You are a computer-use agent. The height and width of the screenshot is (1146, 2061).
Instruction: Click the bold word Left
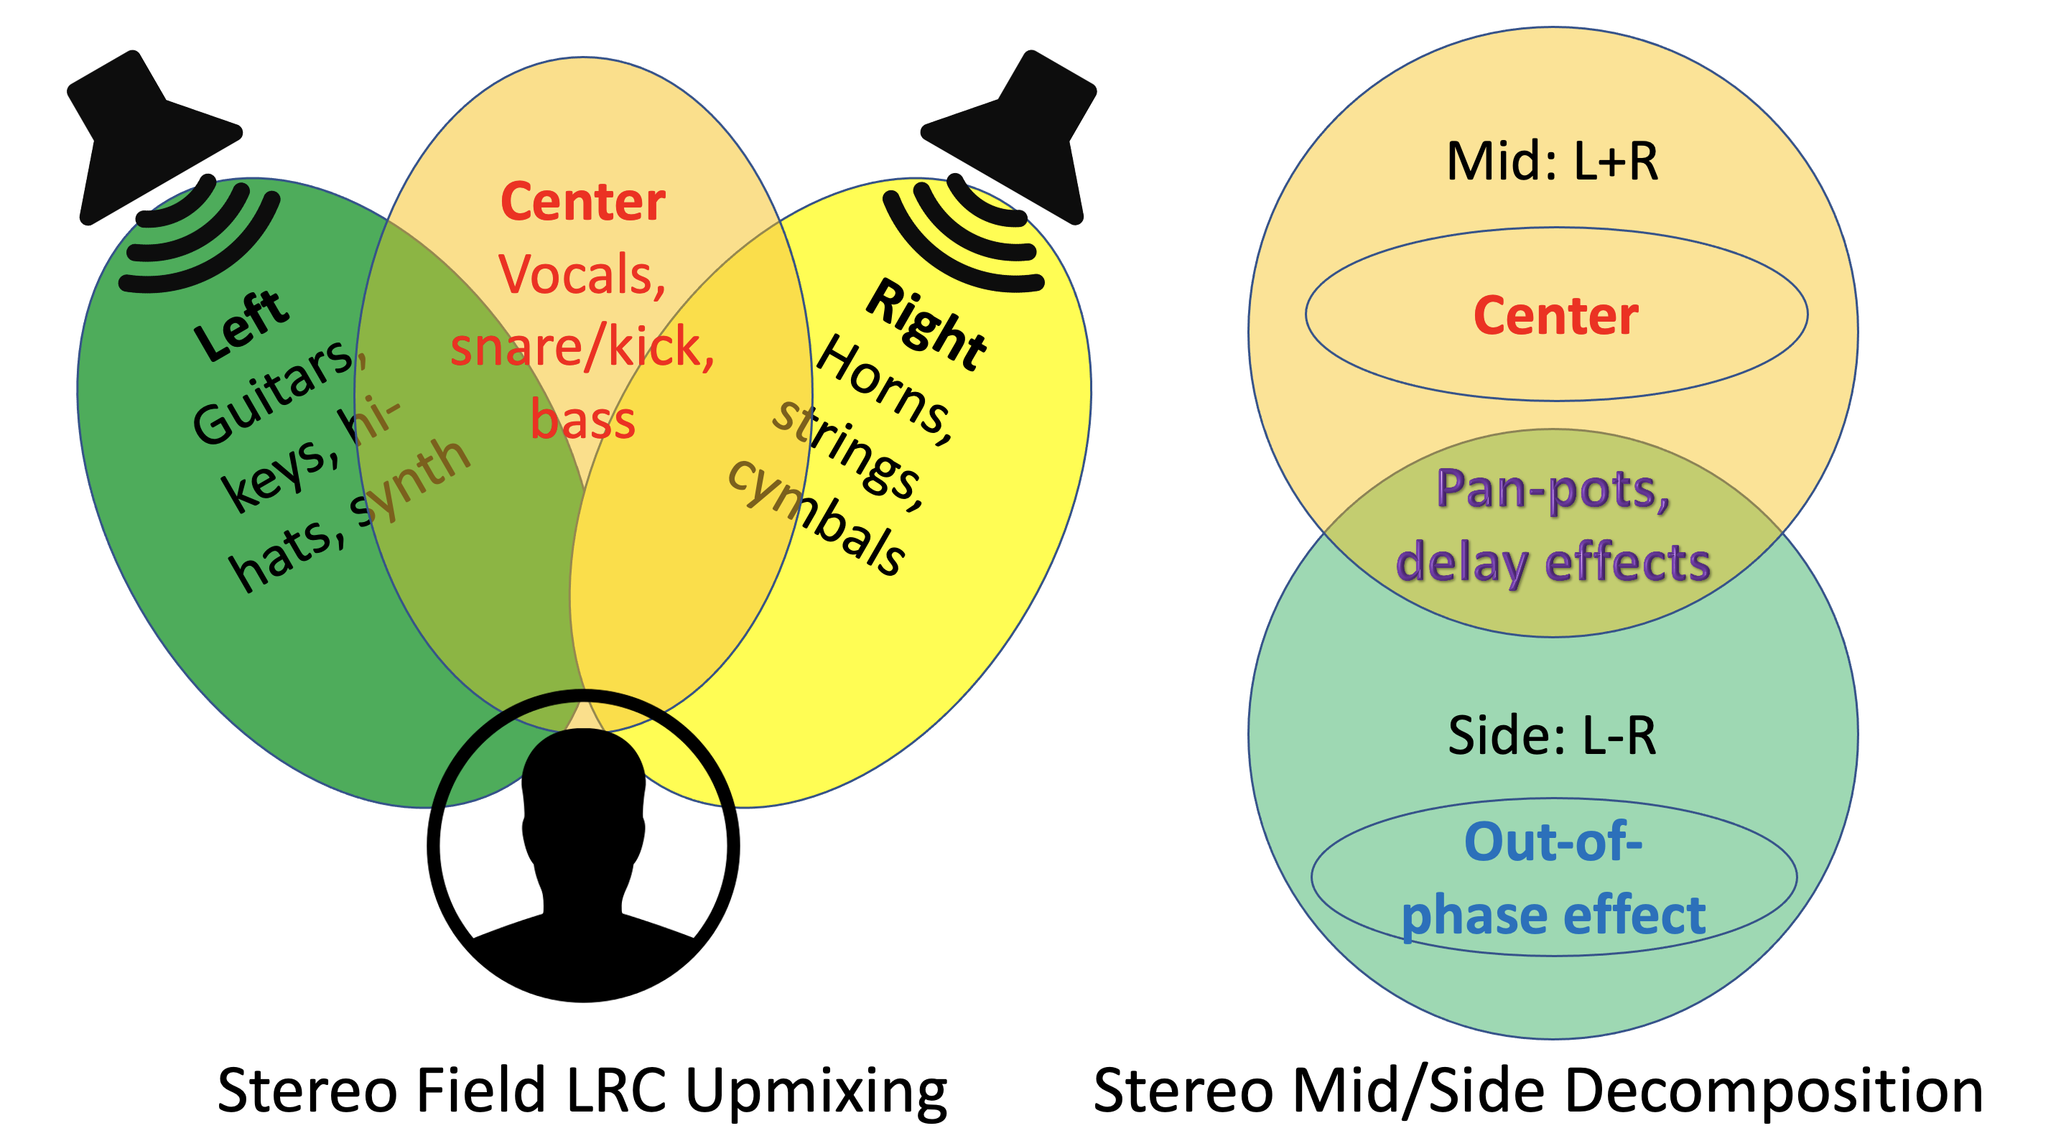[x=240, y=324]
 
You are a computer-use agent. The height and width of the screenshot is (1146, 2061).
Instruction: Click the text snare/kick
[x=582, y=348]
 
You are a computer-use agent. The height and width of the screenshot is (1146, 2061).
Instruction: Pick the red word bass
[x=582, y=421]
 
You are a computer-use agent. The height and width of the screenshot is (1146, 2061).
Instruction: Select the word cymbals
[x=816, y=516]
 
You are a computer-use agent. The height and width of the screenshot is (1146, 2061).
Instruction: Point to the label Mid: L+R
[x=1552, y=162]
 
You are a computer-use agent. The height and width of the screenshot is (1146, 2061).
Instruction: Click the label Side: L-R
[x=1552, y=736]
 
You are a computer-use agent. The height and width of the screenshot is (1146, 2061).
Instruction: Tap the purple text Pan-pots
[x=1552, y=490]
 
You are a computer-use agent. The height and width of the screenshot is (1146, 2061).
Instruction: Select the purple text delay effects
[x=1552, y=562]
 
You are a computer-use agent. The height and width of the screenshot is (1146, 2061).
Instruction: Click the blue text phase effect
[x=1552, y=916]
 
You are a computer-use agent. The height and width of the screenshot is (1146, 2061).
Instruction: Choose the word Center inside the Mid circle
[x=1555, y=316]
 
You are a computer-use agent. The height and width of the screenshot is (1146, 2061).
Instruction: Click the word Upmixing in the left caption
[x=816, y=1091]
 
